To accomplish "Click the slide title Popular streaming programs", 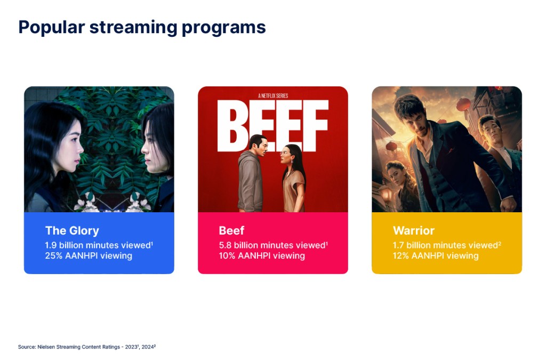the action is click(x=142, y=28).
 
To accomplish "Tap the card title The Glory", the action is click(x=72, y=231).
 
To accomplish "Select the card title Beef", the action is click(x=231, y=230).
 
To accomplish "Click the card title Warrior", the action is click(x=414, y=230).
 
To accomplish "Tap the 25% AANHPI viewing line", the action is click(x=89, y=256).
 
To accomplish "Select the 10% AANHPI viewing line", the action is click(x=262, y=256).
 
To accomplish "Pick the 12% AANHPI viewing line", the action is click(x=436, y=256).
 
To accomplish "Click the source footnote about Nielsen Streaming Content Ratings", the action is click(x=87, y=347).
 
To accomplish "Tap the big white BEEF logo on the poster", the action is click(x=272, y=125).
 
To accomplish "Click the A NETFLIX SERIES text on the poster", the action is click(x=273, y=96).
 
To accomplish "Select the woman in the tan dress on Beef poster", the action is click(x=293, y=178).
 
